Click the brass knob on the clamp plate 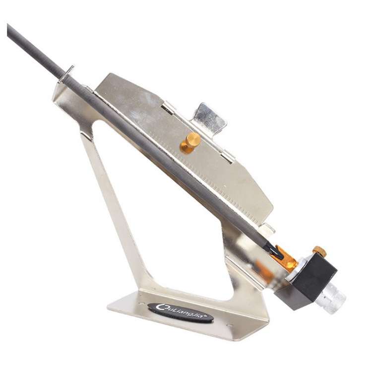pos(190,143)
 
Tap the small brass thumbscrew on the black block pos(319,251)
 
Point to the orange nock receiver pos(285,257)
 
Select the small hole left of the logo pos(142,303)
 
